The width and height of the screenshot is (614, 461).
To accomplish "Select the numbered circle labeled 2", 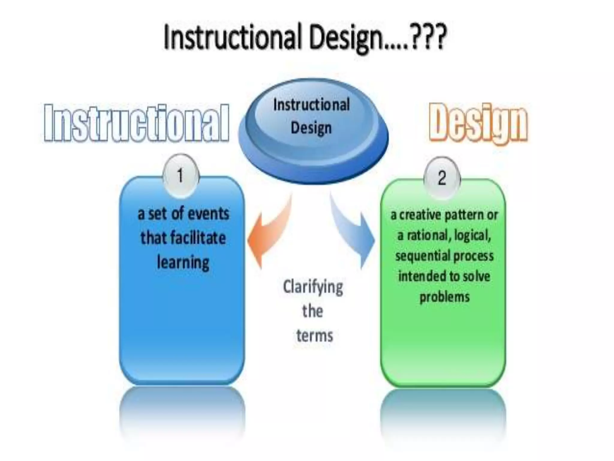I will (x=442, y=178).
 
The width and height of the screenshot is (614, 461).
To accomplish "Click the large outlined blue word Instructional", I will (x=136, y=123).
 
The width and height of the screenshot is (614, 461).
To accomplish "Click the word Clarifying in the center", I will (x=313, y=287).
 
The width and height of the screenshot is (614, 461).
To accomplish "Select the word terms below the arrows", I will (x=314, y=335).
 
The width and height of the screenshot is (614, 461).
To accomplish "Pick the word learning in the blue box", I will (x=183, y=263).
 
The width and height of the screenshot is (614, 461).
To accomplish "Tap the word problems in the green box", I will (x=444, y=297).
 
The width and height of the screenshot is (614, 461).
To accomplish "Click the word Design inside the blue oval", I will (x=311, y=128).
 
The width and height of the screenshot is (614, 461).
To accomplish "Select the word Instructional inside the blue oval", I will (x=311, y=105).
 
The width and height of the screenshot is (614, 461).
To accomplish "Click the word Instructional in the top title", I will (x=233, y=37).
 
